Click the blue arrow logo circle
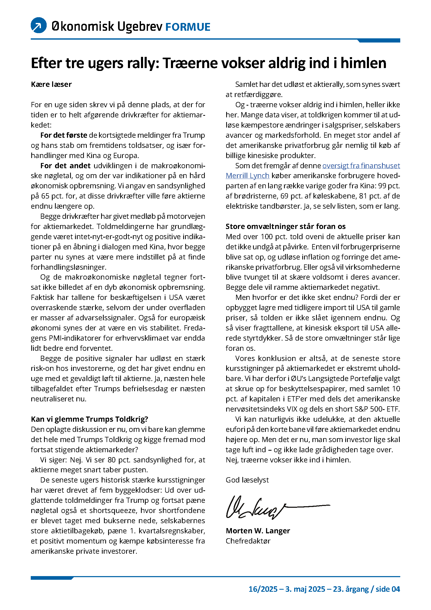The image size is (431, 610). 39,25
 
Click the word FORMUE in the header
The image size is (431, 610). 188,27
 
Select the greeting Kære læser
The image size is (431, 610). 51,84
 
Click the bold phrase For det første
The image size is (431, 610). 64,135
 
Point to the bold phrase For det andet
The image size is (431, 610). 65,166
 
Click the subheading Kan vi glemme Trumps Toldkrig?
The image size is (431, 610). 89,419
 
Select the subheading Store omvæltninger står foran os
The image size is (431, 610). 286,226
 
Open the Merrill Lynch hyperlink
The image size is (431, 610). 247,176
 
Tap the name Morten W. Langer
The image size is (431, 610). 258,531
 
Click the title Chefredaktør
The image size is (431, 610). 248,541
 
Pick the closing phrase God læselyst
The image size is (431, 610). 247,480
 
